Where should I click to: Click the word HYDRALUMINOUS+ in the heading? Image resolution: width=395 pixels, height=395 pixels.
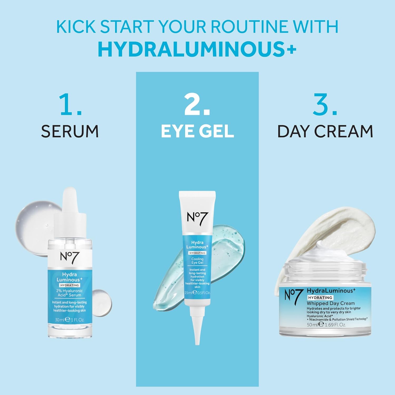(x=197, y=49)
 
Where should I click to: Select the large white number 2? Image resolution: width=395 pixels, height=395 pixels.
(x=197, y=105)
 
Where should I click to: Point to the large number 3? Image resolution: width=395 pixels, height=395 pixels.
(x=325, y=105)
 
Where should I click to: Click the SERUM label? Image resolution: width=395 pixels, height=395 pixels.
(x=70, y=131)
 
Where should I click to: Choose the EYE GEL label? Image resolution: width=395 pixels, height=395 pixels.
(x=197, y=131)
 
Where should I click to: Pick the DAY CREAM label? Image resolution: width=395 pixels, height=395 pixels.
(x=325, y=131)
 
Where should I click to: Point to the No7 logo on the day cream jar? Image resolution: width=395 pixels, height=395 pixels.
(x=292, y=297)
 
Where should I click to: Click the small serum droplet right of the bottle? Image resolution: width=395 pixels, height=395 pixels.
(x=101, y=303)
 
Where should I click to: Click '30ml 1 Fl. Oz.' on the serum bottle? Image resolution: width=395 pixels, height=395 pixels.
(x=70, y=320)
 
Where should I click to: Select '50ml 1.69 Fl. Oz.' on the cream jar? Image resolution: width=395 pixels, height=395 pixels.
(x=326, y=325)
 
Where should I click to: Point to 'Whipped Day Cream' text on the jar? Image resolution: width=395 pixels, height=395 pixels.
(x=331, y=303)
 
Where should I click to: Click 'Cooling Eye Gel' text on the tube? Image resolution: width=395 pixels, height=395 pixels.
(x=197, y=261)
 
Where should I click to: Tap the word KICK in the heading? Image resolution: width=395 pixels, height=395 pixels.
(x=76, y=26)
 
